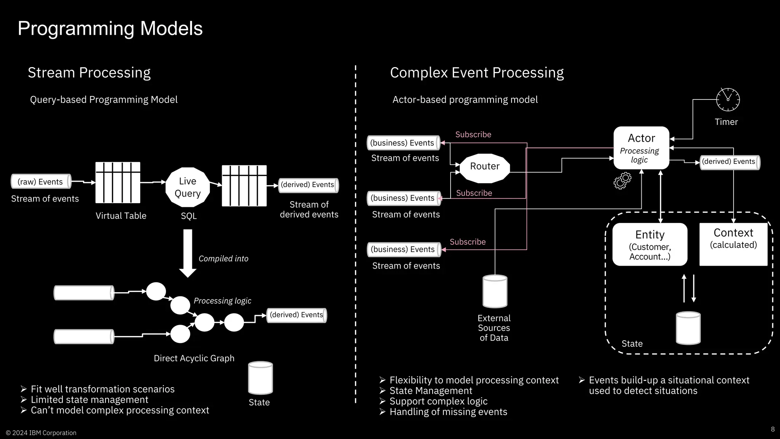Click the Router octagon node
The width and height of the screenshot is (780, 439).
pos(484,167)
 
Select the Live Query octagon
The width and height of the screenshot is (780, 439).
pos(188,187)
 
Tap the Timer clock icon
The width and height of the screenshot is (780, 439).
pos(728,100)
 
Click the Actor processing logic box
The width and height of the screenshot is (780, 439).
pos(641,148)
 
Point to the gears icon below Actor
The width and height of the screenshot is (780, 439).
pos(622,181)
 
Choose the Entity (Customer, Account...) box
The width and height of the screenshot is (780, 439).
pos(650,245)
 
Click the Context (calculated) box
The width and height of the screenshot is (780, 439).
pos(733,244)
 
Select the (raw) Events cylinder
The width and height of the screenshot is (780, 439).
pos(41,182)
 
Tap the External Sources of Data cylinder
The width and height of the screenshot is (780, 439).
pos(495,292)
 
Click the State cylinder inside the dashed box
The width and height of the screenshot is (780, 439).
pos(688,328)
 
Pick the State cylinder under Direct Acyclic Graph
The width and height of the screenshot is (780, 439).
pos(261,378)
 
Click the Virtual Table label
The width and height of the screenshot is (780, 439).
pos(121,216)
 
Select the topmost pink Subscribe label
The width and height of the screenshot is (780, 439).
pos(473,135)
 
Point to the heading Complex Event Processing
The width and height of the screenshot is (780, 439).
pos(476,73)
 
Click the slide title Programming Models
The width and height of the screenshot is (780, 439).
pos(110,29)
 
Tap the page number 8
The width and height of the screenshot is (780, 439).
pos(773,429)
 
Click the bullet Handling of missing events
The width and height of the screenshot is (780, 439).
pos(448,412)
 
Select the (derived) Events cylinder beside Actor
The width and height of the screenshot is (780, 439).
pos(729,162)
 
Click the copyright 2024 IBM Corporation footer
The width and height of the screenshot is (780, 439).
pos(41,433)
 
